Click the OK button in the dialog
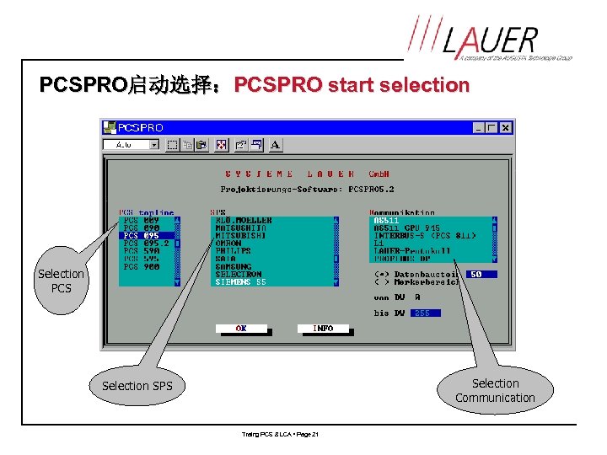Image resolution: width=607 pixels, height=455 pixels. (241, 329)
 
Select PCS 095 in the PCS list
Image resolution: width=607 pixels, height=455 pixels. (146, 236)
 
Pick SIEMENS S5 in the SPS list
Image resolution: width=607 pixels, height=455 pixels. (241, 281)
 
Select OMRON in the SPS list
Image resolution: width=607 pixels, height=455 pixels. (228, 244)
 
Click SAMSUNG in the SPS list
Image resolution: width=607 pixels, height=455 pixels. (234, 266)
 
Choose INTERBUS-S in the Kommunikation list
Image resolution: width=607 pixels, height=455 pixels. (424, 236)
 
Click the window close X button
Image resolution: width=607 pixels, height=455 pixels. (505, 128)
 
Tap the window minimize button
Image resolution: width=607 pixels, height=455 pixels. (479, 128)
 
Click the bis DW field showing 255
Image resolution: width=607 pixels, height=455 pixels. (422, 313)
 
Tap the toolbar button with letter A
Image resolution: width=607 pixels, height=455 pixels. (276, 145)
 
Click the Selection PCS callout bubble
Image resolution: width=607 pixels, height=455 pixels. (61, 281)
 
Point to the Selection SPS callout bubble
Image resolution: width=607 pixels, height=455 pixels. (137, 386)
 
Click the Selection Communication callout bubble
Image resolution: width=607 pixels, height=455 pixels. (495, 390)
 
